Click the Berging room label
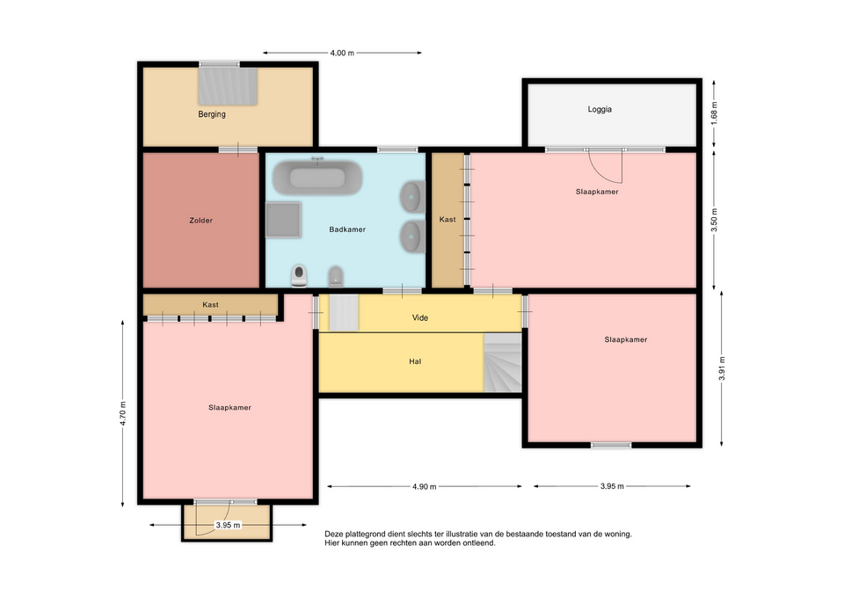pos(212,114)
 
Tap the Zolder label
pos(200,220)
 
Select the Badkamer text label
pos(347,229)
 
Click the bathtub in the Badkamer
pos(317,178)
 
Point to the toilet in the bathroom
pos(299,275)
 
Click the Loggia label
pos(600,109)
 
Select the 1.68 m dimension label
pos(714,113)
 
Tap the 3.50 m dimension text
pos(714,220)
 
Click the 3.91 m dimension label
pos(722,368)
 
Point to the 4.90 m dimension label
pos(424,486)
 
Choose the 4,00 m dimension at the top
pos(342,53)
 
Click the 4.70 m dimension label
pos(123,413)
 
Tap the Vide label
pos(420,317)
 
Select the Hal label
pos(415,361)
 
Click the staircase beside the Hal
pos(503,362)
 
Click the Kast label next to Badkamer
pos(447,219)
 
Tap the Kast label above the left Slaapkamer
pos(210,305)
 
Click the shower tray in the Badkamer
pos(283,220)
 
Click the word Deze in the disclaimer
pos(333,534)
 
